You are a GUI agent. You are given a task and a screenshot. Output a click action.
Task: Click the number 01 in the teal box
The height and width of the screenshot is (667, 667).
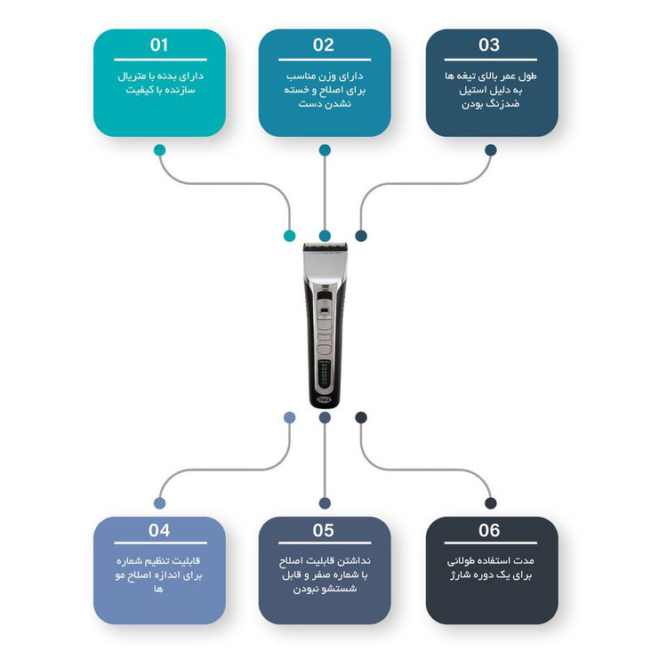159,45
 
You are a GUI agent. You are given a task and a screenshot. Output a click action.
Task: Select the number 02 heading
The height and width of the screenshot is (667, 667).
324,45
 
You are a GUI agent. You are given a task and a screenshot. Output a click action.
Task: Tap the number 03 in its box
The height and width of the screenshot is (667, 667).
489,45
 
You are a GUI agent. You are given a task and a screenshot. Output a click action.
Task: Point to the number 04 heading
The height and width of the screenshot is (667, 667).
159,531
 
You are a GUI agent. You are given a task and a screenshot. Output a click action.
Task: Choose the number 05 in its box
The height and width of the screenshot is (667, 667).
324,531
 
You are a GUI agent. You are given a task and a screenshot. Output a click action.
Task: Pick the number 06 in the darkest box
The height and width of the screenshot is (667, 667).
489,531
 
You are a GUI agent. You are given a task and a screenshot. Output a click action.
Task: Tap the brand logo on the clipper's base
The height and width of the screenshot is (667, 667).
325,399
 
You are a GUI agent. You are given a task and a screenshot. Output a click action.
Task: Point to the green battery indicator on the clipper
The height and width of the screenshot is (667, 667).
325,373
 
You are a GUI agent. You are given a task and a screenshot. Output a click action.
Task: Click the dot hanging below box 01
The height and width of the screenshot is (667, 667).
159,149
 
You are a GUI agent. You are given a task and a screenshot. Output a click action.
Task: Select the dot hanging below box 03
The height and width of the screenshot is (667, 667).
490,149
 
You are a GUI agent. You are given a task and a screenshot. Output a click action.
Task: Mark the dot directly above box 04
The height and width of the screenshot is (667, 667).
159,503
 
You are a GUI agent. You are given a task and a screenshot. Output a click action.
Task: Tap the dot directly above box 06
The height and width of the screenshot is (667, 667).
490,503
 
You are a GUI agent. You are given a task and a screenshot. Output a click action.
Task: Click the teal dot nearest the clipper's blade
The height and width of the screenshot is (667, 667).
289,236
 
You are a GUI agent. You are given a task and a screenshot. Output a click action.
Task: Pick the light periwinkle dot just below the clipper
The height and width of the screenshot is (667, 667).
289,417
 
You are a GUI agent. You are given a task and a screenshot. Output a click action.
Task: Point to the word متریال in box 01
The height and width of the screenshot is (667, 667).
136,77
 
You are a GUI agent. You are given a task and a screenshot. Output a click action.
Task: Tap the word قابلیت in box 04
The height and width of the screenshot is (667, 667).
184,562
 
